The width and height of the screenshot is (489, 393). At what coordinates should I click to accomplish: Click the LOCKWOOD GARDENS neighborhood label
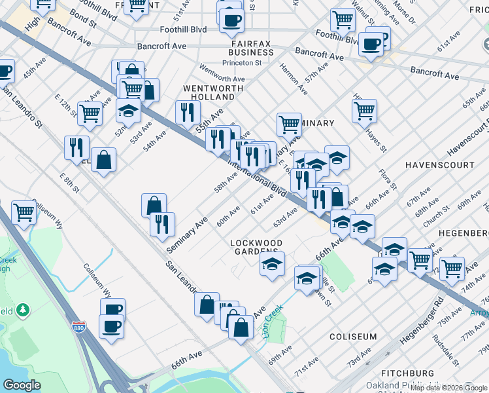[257, 248]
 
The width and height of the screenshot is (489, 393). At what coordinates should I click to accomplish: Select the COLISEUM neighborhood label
[353, 337]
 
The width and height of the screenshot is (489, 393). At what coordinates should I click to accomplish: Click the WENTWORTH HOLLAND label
[209, 93]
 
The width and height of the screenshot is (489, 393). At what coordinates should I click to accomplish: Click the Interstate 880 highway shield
[78, 327]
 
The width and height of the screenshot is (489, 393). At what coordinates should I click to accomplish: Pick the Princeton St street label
[242, 63]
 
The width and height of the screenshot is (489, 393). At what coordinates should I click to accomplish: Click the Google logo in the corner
[22, 385]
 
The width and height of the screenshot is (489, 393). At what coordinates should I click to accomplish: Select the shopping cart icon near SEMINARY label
[288, 123]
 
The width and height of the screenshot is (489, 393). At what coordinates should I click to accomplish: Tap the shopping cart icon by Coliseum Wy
[24, 211]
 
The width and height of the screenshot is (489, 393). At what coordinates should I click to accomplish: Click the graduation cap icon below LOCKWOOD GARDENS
[273, 264]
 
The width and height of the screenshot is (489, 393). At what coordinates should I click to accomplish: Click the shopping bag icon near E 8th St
[103, 159]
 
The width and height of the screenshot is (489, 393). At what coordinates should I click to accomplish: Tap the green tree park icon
[24, 308]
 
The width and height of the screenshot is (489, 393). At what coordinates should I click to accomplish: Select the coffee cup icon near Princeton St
[231, 20]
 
